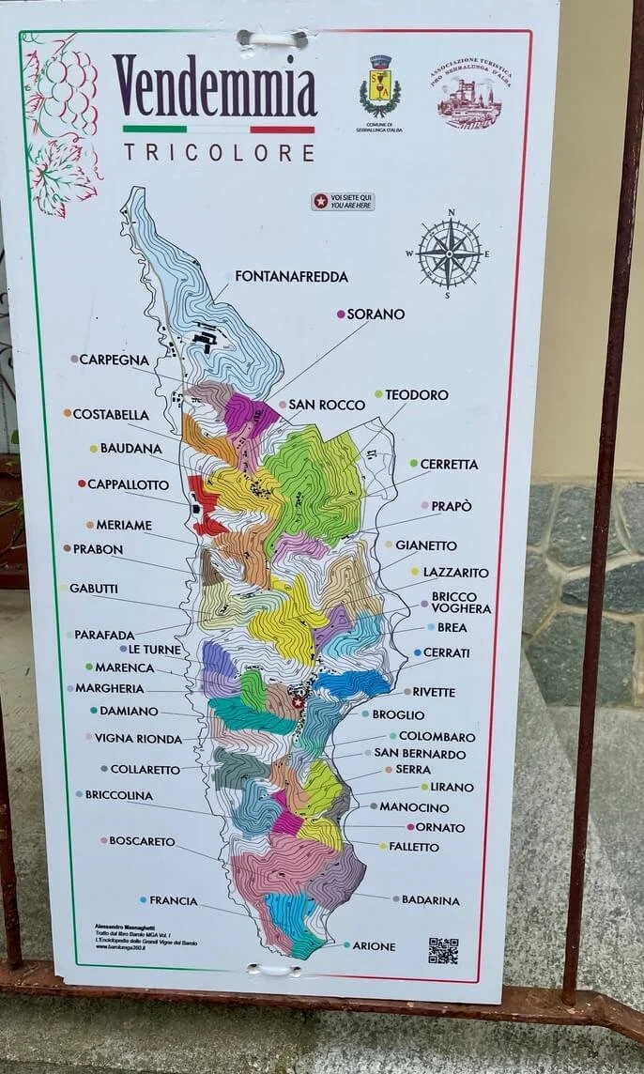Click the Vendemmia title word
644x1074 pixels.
click(x=215, y=86)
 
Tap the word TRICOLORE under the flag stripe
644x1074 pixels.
click(x=219, y=152)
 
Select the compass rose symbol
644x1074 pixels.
click(x=450, y=253)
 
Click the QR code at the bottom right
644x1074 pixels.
click(x=443, y=950)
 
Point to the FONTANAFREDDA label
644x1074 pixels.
click(x=291, y=276)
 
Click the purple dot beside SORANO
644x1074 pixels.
click(x=341, y=314)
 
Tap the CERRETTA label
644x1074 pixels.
click(x=449, y=464)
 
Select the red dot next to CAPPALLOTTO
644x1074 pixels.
click(x=82, y=484)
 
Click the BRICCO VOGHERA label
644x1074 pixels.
click(x=460, y=602)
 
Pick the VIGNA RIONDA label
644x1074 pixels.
click(x=138, y=739)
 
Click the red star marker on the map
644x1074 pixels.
click(x=299, y=701)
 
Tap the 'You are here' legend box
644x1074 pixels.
click(x=343, y=201)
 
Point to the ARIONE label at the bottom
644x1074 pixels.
click(x=374, y=946)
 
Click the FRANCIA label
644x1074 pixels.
click(x=173, y=900)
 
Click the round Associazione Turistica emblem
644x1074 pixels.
click(x=468, y=95)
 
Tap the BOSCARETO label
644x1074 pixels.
click(x=142, y=841)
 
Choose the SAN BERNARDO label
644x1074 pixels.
click(x=420, y=753)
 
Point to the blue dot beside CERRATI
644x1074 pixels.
click(x=417, y=652)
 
